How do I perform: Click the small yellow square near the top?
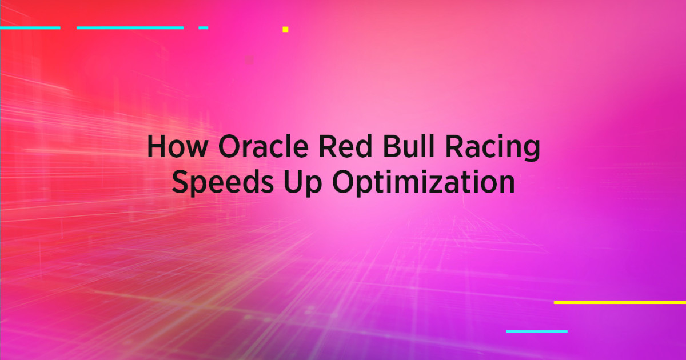(x=285, y=29)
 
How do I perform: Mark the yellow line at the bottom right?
(x=620, y=302)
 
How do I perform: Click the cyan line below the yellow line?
(x=537, y=331)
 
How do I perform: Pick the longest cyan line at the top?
(x=130, y=27)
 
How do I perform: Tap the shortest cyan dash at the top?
(x=203, y=27)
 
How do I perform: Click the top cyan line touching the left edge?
(x=30, y=27)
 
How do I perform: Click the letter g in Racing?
(x=530, y=152)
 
